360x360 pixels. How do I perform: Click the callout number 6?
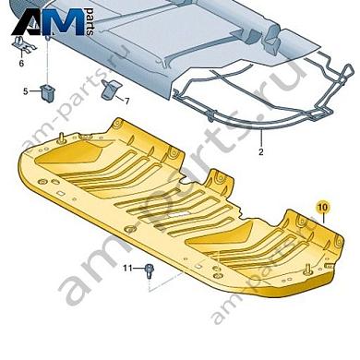click(22, 65)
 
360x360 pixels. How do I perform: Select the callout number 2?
click(261, 150)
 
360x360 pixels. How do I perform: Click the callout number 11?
click(129, 268)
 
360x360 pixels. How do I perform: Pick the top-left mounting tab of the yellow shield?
click(118, 122)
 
